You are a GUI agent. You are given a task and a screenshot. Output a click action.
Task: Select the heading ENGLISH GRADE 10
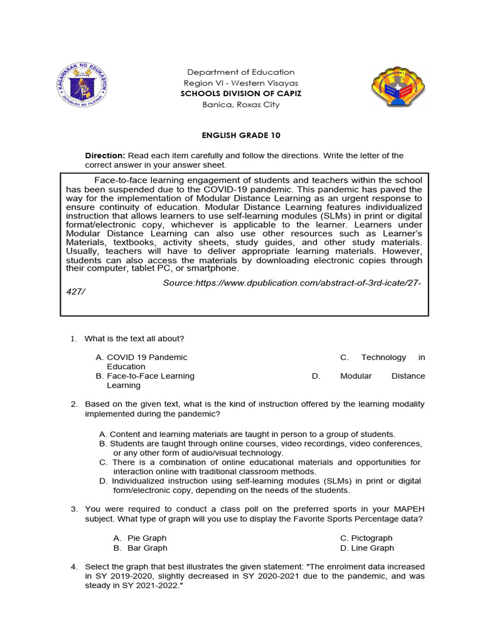click(x=241, y=136)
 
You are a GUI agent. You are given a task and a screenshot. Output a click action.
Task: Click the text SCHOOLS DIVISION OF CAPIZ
click(x=242, y=94)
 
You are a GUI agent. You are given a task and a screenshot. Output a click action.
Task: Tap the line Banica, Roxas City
click(x=241, y=105)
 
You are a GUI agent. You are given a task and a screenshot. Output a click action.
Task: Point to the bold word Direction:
click(x=105, y=156)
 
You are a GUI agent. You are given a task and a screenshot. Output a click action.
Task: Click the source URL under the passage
click(x=292, y=283)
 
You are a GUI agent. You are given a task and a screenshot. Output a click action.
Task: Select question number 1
click(x=73, y=339)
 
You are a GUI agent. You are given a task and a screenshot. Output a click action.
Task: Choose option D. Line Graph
click(x=367, y=548)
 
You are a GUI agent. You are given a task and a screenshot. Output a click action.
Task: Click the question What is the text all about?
click(x=134, y=339)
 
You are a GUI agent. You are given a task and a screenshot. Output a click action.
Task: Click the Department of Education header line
click(x=241, y=72)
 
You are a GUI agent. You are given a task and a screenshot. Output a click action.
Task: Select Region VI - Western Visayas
click(x=241, y=83)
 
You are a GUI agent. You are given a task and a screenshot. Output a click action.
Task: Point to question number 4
click(x=73, y=567)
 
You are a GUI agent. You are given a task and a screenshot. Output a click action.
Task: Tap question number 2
click(x=73, y=404)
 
